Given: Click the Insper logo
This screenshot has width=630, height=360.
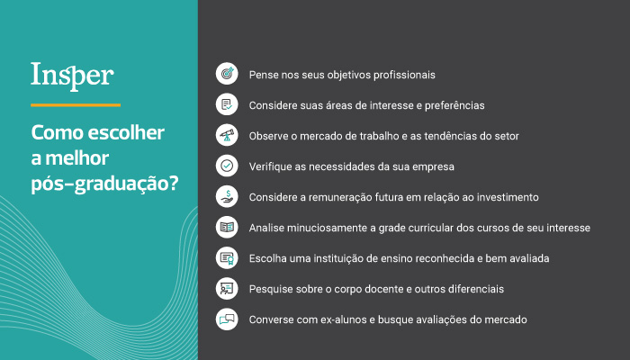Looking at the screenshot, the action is click(72, 76).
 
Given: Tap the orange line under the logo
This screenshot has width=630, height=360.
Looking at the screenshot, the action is click(76, 105).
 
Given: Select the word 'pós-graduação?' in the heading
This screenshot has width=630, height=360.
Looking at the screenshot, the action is click(105, 184).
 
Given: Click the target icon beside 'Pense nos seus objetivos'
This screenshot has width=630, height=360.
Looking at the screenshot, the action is click(227, 74).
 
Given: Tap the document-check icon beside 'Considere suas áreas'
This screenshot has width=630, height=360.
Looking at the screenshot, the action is click(227, 104).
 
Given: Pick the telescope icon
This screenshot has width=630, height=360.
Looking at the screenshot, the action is click(227, 135).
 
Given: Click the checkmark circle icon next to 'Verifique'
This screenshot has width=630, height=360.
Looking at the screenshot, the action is click(227, 166).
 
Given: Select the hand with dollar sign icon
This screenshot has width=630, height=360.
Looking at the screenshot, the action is click(227, 196).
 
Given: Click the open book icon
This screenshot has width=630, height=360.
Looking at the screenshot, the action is click(227, 227).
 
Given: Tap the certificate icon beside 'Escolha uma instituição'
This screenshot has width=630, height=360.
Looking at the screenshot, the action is click(227, 258).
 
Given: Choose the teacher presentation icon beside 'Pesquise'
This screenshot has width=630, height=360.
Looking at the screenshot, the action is click(227, 289).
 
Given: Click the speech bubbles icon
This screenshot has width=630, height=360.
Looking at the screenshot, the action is click(227, 319).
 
